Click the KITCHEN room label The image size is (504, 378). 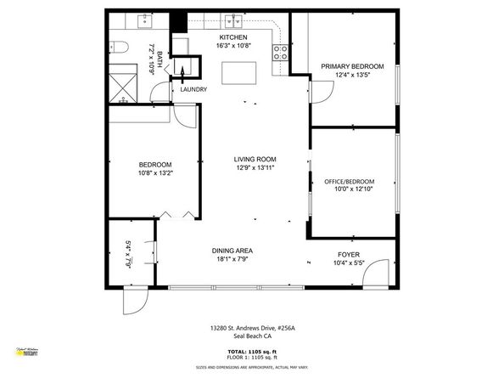233,38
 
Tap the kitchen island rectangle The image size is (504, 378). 239,73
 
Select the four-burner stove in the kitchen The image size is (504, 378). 280,52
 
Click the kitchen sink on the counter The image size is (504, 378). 232,20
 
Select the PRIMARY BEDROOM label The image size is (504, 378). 351,66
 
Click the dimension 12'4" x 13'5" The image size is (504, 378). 351,75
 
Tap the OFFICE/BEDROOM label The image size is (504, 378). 349,181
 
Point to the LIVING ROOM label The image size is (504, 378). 255,159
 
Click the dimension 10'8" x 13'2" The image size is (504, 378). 155,172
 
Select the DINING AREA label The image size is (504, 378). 232,250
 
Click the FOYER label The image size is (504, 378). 349,252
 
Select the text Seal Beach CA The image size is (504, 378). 251,336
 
